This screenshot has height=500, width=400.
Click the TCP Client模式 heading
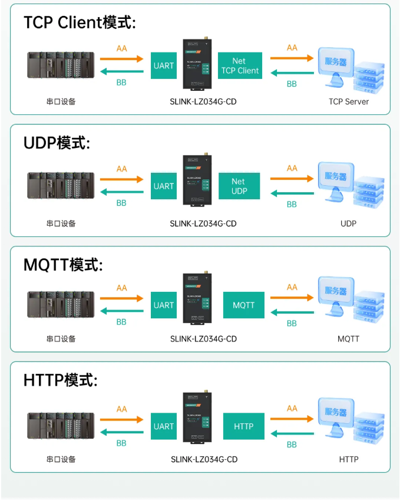click(x=80, y=23)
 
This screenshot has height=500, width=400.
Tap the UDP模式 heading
click(x=57, y=143)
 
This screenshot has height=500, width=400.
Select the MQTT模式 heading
click(x=63, y=265)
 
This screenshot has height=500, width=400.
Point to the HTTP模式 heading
click(x=60, y=380)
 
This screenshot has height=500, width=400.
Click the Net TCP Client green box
click(x=240, y=65)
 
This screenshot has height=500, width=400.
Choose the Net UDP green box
click(x=239, y=186)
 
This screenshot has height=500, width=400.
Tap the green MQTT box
click(x=243, y=305)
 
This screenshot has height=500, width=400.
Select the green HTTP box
click(x=243, y=426)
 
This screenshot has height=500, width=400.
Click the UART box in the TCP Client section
click(x=164, y=65)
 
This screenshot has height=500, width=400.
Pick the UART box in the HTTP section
click(x=164, y=426)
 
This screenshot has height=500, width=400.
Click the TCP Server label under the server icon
click(x=349, y=102)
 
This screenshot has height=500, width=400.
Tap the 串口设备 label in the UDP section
click(x=61, y=224)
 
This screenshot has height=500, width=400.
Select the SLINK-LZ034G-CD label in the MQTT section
click(x=203, y=339)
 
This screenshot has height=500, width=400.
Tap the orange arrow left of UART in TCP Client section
click(x=121, y=59)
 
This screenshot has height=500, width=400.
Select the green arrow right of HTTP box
click(x=292, y=433)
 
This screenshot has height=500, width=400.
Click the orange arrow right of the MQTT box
click(x=292, y=298)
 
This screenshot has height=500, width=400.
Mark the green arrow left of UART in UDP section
click(x=121, y=192)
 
